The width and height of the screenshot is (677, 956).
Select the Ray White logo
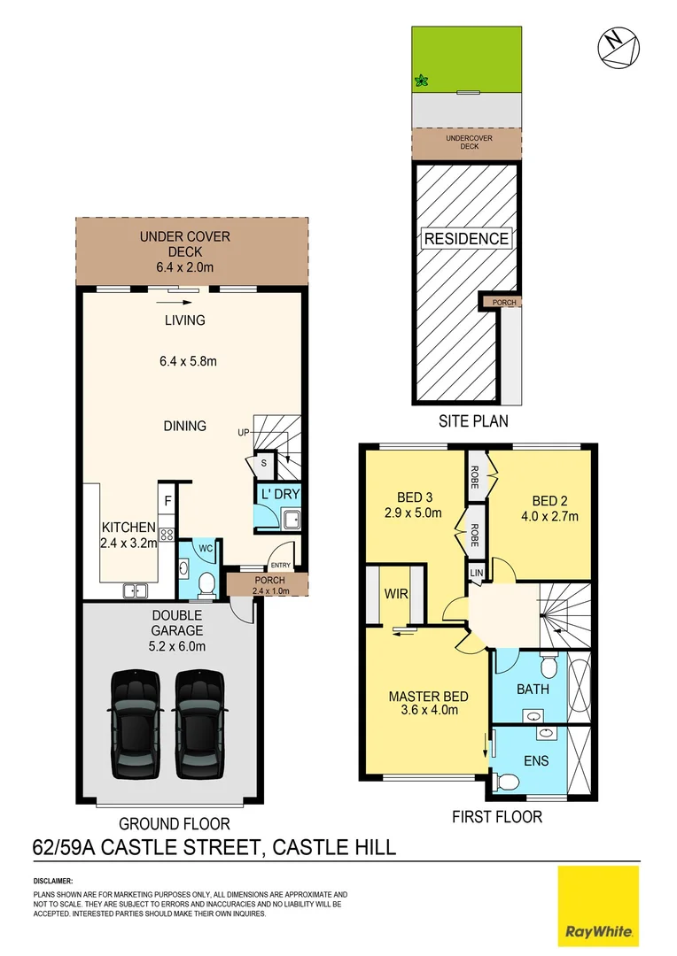pos(597,906)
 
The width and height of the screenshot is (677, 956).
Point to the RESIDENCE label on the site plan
pos(466,238)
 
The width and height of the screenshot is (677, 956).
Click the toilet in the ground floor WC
pos(206,582)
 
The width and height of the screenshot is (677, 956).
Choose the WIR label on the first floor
pos(396,593)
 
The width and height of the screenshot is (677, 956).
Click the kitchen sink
pos(136,590)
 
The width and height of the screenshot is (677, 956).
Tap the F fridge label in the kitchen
pos(167,502)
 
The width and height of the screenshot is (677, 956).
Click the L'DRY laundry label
pos(278,494)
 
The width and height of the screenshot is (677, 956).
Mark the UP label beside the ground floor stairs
pos(243,433)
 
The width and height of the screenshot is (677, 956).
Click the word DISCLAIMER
pos(52,882)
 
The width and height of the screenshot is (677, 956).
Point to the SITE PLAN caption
pos(474,421)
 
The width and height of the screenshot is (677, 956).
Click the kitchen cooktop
pos(166,535)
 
